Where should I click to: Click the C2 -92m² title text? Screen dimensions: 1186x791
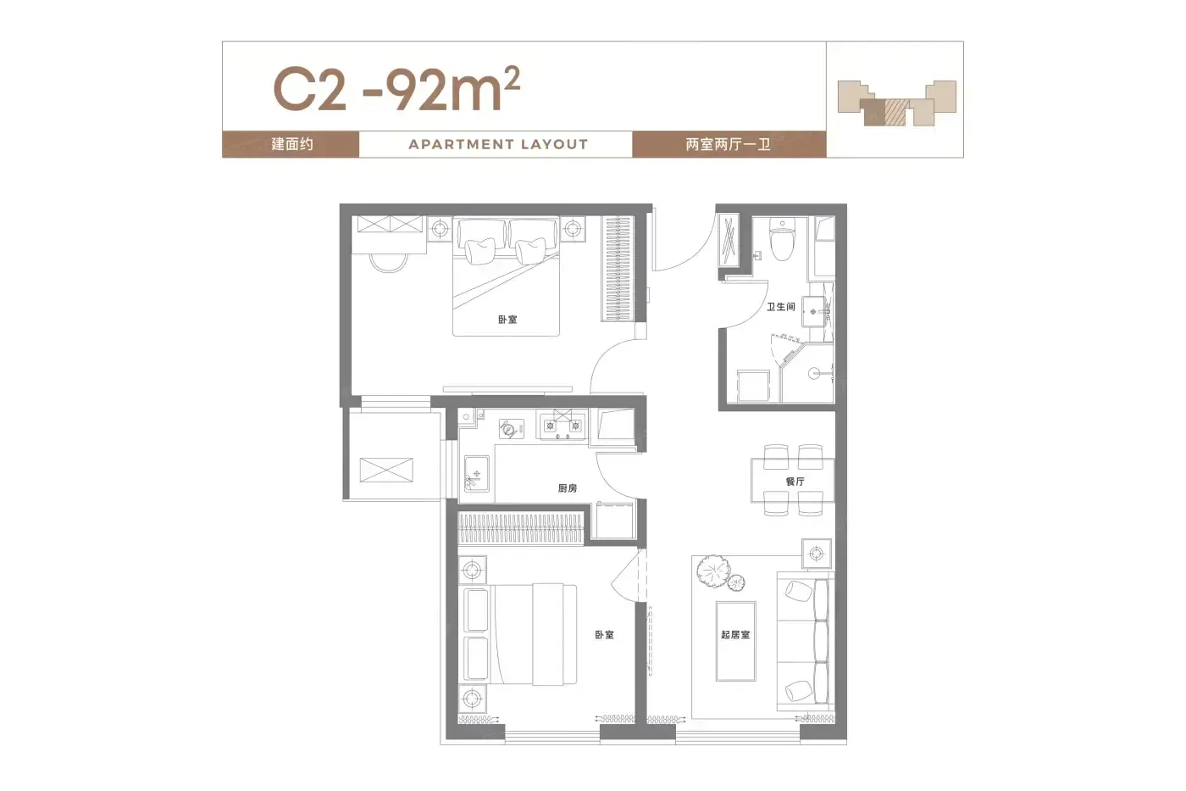coord(396,89)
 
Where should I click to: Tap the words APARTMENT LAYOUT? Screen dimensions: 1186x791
coord(498,144)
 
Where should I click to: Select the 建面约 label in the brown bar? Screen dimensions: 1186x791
coord(292,144)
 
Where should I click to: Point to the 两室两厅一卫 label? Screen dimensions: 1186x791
coord(728,144)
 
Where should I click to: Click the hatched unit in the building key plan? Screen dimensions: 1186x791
coord(896,112)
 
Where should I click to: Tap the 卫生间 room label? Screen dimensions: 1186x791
coord(781,307)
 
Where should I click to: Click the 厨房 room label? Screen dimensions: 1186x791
coord(567,488)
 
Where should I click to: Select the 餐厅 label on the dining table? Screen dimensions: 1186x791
coord(795,481)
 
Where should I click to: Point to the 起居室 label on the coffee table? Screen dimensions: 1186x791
coord(735,634)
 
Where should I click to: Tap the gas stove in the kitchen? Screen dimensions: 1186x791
coord(563,425)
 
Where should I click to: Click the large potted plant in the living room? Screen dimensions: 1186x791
coord(713,571)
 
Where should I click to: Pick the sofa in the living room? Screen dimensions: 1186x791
coord(806,641)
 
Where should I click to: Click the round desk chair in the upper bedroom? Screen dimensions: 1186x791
coord(389,262)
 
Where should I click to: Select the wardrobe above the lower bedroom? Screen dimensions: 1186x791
coord(520,528)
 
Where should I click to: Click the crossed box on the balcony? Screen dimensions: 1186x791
coord(386,470)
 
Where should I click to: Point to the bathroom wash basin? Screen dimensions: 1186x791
coord(814,311)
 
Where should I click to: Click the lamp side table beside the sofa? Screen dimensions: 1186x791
coord(817,554)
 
